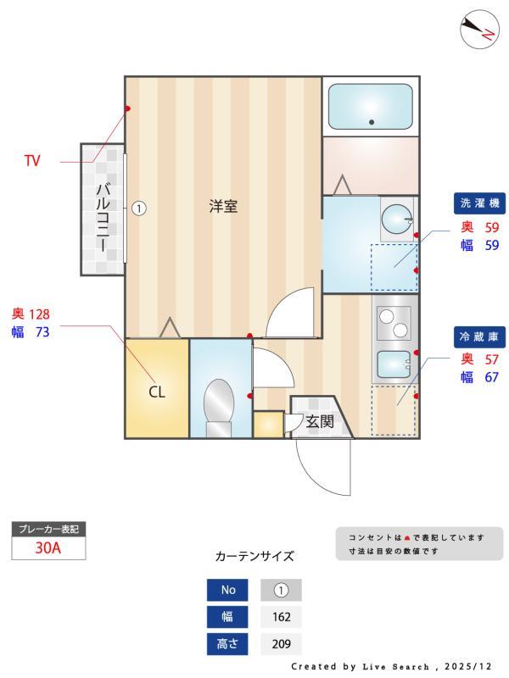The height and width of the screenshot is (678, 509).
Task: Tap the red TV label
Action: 32,160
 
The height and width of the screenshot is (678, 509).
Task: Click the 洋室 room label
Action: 223,206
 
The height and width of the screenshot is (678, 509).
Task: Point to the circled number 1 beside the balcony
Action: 140,207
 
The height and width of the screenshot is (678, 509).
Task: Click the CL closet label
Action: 157,392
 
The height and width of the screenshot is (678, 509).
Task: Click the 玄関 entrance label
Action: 320,421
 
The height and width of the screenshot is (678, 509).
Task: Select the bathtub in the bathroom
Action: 371,106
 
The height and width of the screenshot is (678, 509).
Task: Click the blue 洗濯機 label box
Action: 479,203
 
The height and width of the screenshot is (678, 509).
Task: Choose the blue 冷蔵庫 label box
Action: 479,336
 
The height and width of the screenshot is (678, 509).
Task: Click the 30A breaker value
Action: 48,547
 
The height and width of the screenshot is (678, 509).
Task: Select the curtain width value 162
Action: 281,617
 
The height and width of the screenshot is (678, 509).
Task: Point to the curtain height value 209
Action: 281,644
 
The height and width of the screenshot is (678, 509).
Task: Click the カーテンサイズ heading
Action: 255,557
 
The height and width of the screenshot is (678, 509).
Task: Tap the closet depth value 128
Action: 40,314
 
